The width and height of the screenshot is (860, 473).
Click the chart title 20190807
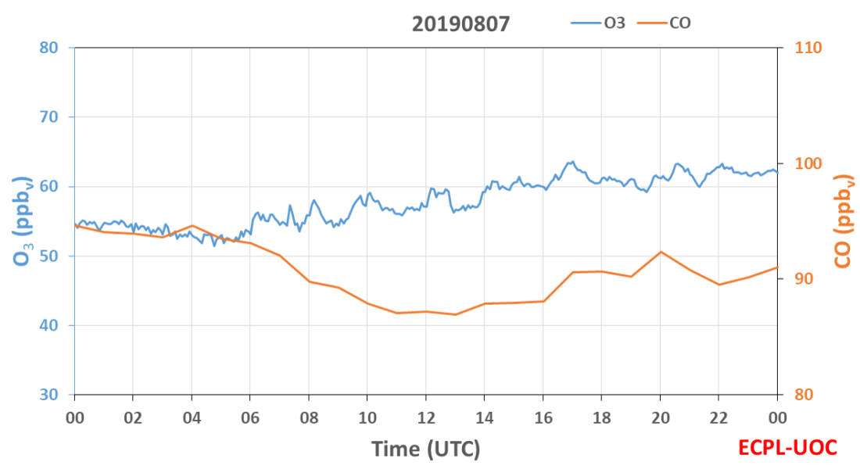[x=460, y=24]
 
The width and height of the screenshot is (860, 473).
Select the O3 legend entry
[x=598, y=23]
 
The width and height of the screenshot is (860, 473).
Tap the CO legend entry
[x=665, y=23]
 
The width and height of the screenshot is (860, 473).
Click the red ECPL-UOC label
[x=787, y=448]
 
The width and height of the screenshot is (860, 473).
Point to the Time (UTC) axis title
[x=425, y=449]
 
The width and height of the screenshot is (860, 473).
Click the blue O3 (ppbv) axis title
[x=23, y=221]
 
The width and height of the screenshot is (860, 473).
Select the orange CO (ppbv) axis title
[x=843, y=221]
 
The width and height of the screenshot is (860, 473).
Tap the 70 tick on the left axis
[x=48, y=116]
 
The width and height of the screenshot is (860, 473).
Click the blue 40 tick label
[x=48, y=325]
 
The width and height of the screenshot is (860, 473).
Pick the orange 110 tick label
[x=808, y=48]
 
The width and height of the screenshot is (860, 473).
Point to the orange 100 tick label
[x=808, y=163]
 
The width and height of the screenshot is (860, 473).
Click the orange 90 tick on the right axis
[x=804, y=279]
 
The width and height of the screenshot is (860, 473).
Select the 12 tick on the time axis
[x=426, y=418]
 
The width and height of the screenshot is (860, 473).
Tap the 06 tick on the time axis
[x=250, y=418]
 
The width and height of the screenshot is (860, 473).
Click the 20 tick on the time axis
[x=661, y=418]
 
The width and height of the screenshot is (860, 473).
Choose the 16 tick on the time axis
[x=543, y=418]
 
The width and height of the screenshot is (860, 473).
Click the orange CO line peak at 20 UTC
[x=661, y=252]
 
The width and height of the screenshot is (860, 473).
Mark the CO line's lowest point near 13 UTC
[x=455, y=314]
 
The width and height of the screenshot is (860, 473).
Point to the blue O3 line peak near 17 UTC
[x=572, y=161]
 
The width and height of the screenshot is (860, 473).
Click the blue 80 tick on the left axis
[x=48, y=48]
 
